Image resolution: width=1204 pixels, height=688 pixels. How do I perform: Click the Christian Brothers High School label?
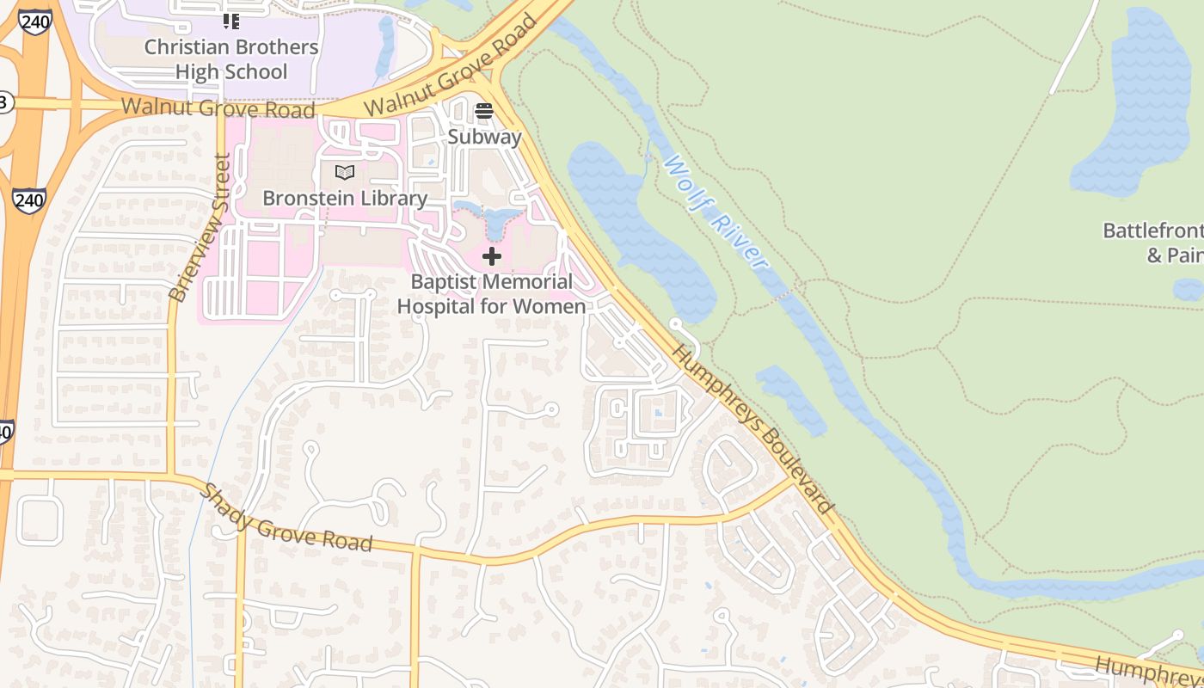231,59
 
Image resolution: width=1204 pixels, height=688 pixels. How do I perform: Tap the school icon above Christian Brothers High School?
231,21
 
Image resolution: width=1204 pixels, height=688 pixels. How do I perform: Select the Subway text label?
484,137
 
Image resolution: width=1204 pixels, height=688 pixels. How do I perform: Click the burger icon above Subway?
484,111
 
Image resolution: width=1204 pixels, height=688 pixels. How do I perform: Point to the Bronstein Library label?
345,198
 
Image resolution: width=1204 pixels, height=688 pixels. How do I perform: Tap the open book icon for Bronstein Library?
345,173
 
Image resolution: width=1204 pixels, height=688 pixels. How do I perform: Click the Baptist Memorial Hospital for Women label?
491,294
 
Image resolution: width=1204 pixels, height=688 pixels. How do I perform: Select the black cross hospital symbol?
492,256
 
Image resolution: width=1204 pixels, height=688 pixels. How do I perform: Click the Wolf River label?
714,212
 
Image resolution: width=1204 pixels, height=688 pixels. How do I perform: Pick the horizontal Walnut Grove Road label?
218,108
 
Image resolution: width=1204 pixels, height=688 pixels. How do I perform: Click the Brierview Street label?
200,228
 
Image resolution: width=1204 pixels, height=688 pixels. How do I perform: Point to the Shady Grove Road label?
286,517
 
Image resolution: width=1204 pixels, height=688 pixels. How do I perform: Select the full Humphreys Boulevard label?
752,428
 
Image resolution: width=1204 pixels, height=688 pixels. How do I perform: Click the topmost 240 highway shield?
34,21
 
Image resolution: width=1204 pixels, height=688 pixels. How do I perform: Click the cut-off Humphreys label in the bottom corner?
1148,669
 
